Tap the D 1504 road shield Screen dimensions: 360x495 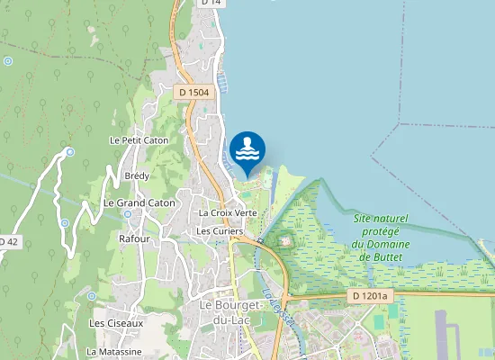192,93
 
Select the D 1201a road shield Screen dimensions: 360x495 369,295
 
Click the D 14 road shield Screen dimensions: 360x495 211,3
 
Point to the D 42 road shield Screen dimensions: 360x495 7,242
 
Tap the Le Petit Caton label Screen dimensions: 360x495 139,140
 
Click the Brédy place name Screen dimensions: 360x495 137,175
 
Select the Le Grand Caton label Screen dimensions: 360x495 139,203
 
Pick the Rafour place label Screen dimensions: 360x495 133,238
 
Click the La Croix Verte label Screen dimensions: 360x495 228,212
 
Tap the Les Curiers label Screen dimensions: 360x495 220,231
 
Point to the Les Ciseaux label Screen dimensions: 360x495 116,322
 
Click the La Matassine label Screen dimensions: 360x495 114,351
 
